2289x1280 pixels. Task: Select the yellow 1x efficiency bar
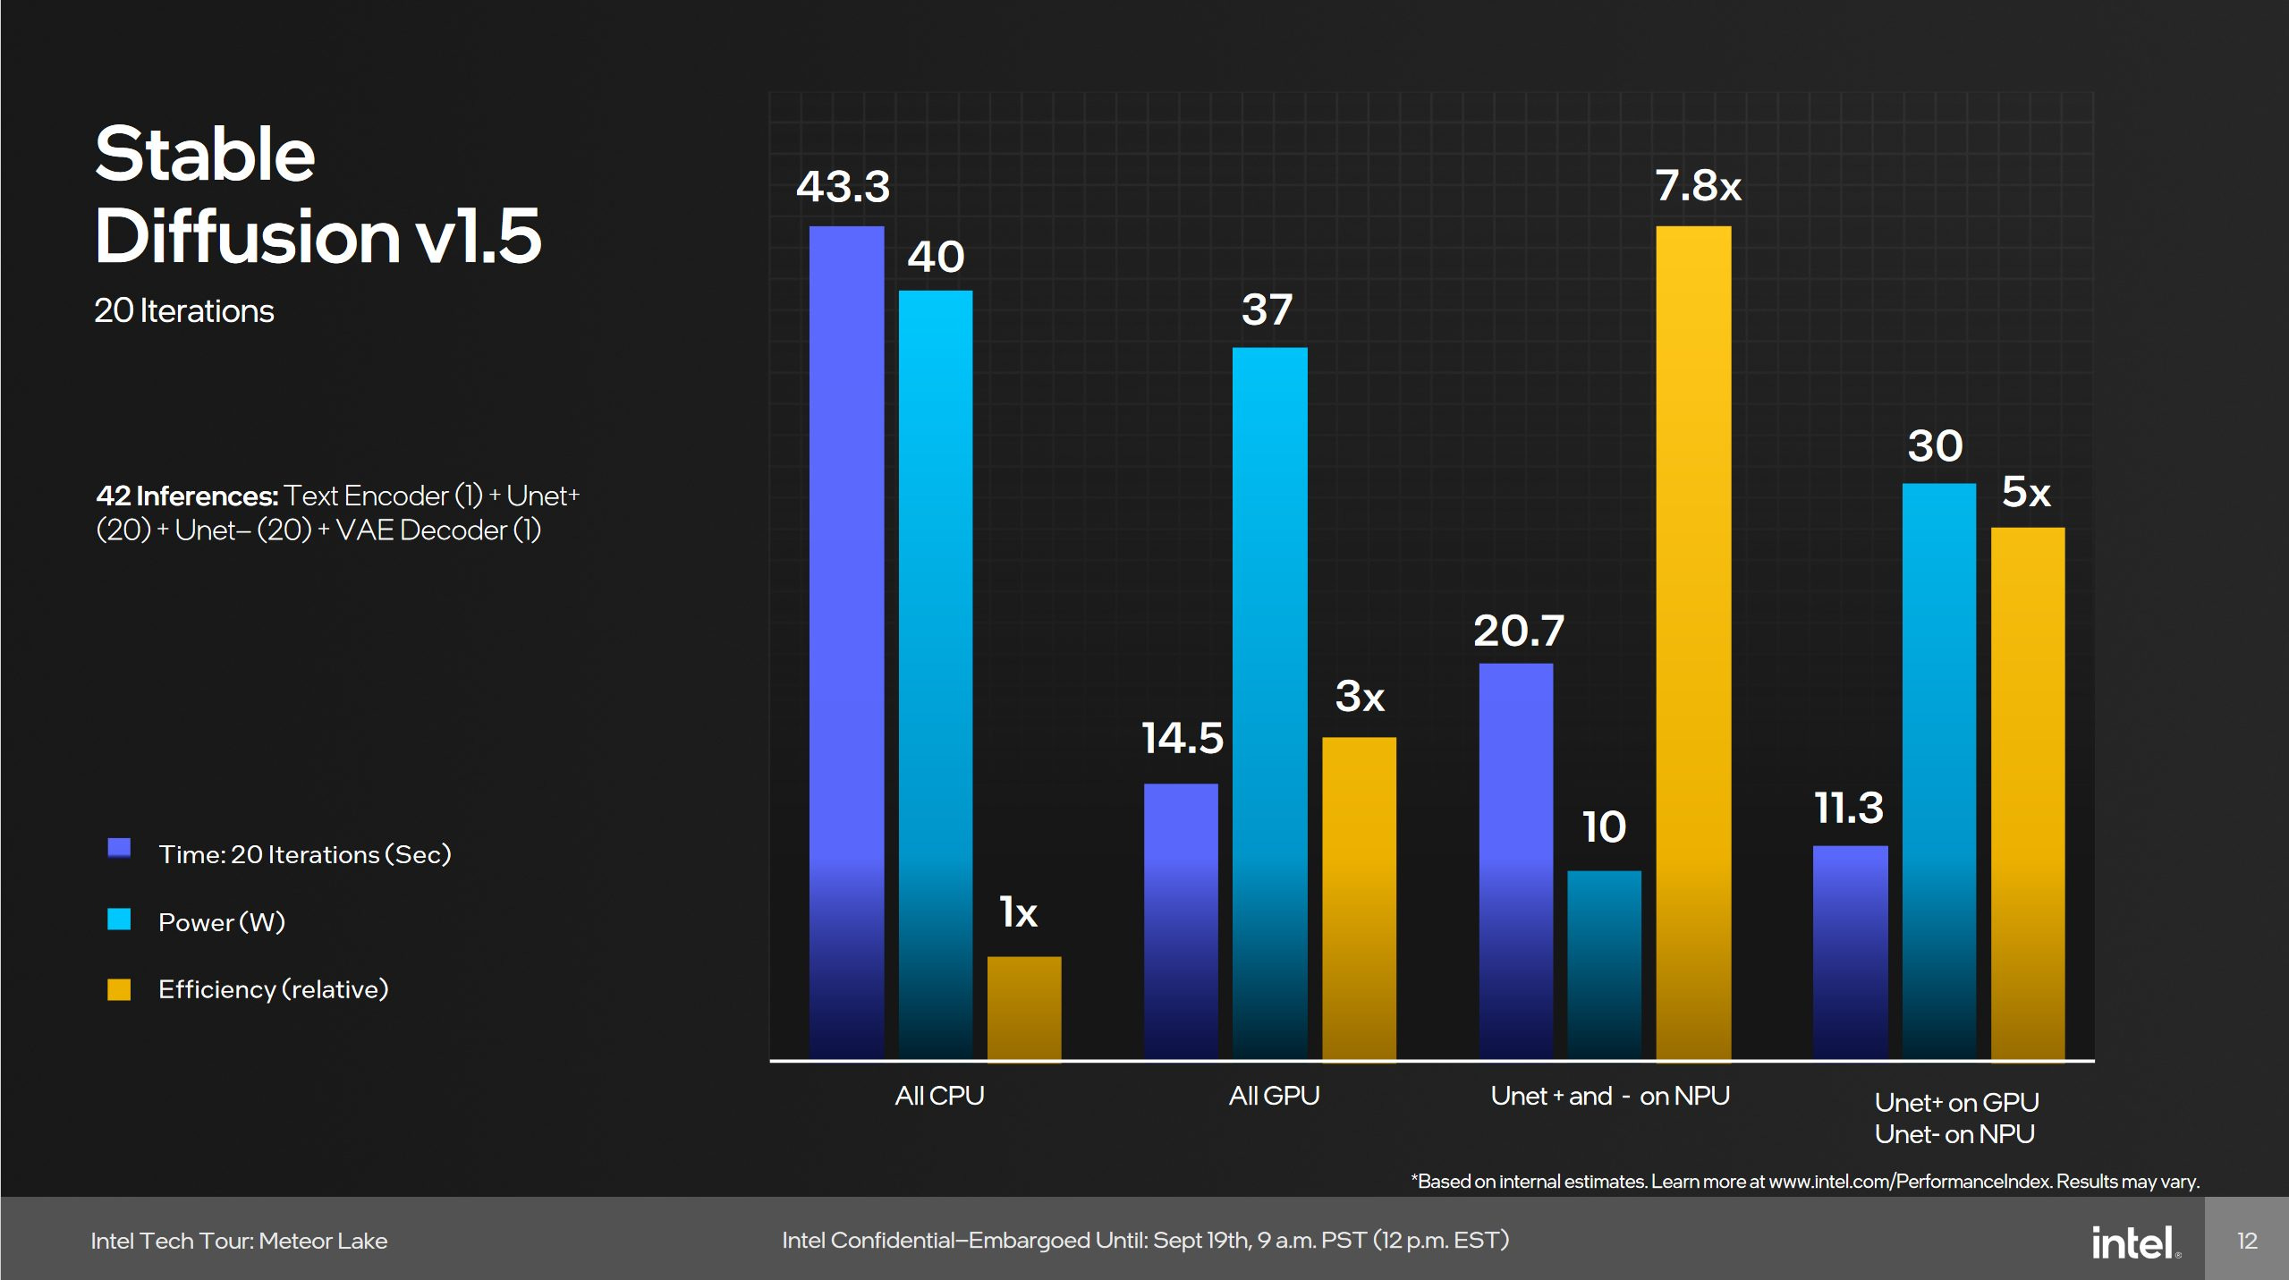(1024, 1008)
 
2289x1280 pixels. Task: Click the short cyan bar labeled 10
(1604, 965)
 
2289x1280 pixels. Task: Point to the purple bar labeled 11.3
(1850, 953)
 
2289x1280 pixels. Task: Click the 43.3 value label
(843, 187)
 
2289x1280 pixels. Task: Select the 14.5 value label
(1182, 739)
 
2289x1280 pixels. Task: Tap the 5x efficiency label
(2025, 492)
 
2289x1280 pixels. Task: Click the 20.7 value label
(1518, 632)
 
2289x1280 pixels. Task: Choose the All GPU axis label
(1274, 1096)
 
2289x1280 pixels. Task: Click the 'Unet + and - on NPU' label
(1609, 1096)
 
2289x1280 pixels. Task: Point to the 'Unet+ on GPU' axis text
(1956, 1102)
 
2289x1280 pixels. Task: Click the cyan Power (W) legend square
(119, 920)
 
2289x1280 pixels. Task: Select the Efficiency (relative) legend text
(273, 989)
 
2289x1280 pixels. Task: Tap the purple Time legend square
(119, 848)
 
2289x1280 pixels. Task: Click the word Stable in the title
(205, 154)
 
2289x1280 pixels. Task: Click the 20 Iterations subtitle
(183, 310)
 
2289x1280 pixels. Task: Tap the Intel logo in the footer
(2134, 1242)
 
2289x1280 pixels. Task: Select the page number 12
(2247, 1241)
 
